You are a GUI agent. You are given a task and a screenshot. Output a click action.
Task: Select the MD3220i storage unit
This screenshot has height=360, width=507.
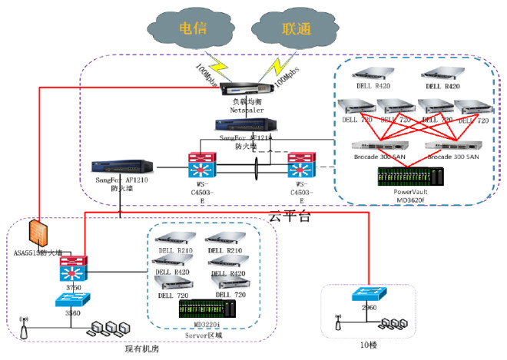(x=207, y=309)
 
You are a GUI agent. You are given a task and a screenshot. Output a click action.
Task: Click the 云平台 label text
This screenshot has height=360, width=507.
(x=289, y=217)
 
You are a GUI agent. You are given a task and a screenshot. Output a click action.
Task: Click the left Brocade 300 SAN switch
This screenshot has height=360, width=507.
(x=377, y=146)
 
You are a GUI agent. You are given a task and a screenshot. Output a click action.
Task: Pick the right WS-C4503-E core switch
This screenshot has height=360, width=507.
(x=302, y=167)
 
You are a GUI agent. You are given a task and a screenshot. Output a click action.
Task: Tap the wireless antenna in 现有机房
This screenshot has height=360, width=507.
(x=22, y=329)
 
